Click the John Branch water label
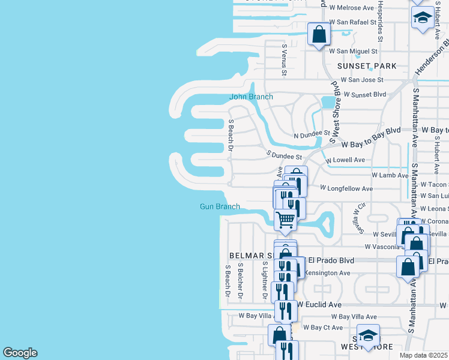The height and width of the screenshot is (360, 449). (251, 97)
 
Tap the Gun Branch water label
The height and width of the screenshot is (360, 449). (220, 207)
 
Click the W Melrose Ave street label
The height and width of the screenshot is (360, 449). (352, 8)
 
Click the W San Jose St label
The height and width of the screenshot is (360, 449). (362, 80)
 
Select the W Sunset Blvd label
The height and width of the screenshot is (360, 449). (364, 95)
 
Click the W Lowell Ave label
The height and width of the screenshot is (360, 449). (345, 160)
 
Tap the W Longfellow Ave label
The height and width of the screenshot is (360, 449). (346, 188)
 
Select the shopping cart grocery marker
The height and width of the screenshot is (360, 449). (286, 220)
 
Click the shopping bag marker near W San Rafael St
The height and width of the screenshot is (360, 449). (319, 34)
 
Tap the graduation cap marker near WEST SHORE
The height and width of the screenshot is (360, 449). (368, 335)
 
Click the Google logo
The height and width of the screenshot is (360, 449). (20, 353)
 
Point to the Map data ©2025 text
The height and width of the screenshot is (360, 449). (424, 355)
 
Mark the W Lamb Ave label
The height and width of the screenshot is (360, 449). (390, 175)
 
